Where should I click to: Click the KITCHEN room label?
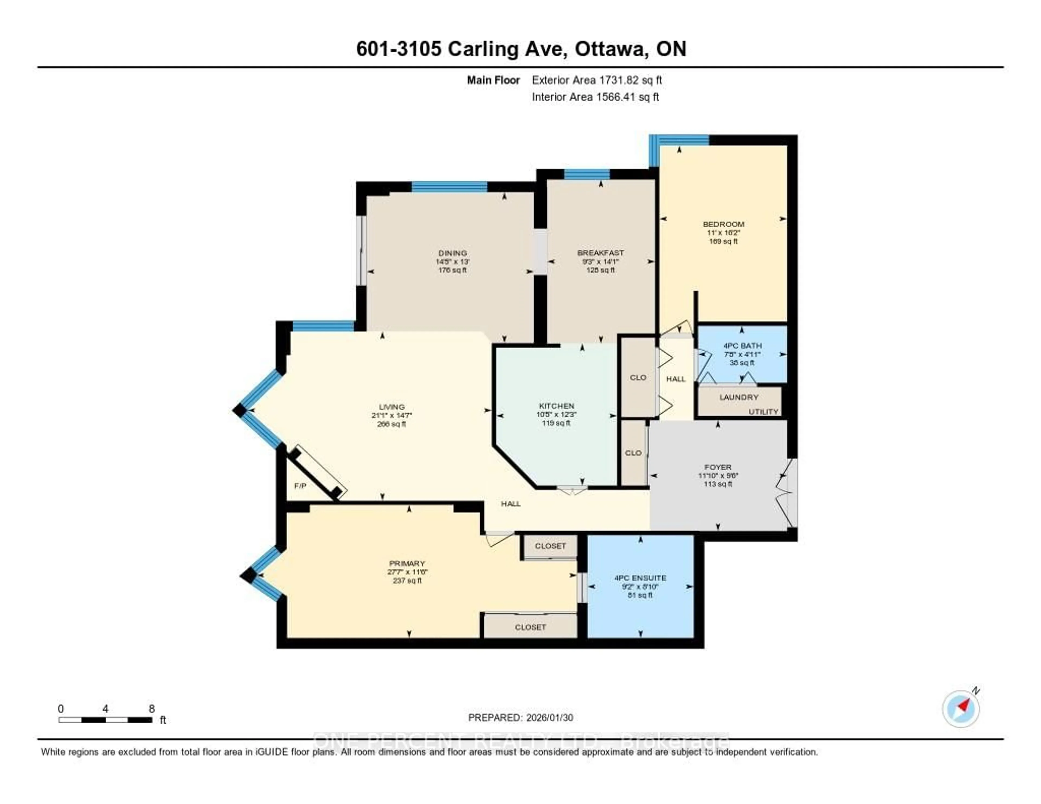tap(556, 406)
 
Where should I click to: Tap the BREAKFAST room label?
tap(600, 253)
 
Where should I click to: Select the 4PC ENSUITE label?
tap(640, 578)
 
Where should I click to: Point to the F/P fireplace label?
tap(300, 486)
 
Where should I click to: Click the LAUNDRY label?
tap(738, 397)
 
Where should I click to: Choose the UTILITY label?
tap(763, 411)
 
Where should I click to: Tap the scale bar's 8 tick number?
tap(152, 709)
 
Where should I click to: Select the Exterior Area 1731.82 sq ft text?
tap(597, 80)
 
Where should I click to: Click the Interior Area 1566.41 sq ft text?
tap(595, 97)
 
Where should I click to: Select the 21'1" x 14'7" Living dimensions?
tap(391, 415)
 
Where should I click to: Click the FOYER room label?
tap(717, 467)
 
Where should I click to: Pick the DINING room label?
tap(452, 253)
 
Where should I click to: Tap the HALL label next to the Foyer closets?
tap(675, 379)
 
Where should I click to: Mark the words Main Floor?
tap(493, 80)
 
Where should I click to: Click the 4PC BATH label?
tap(742, 346)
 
